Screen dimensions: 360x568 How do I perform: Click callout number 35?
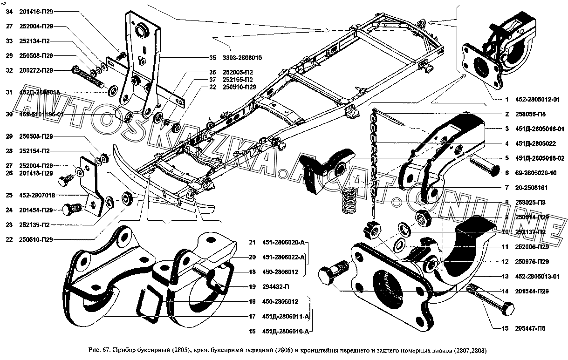pos(212,58)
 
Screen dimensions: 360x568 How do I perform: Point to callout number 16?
pos(252,331)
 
